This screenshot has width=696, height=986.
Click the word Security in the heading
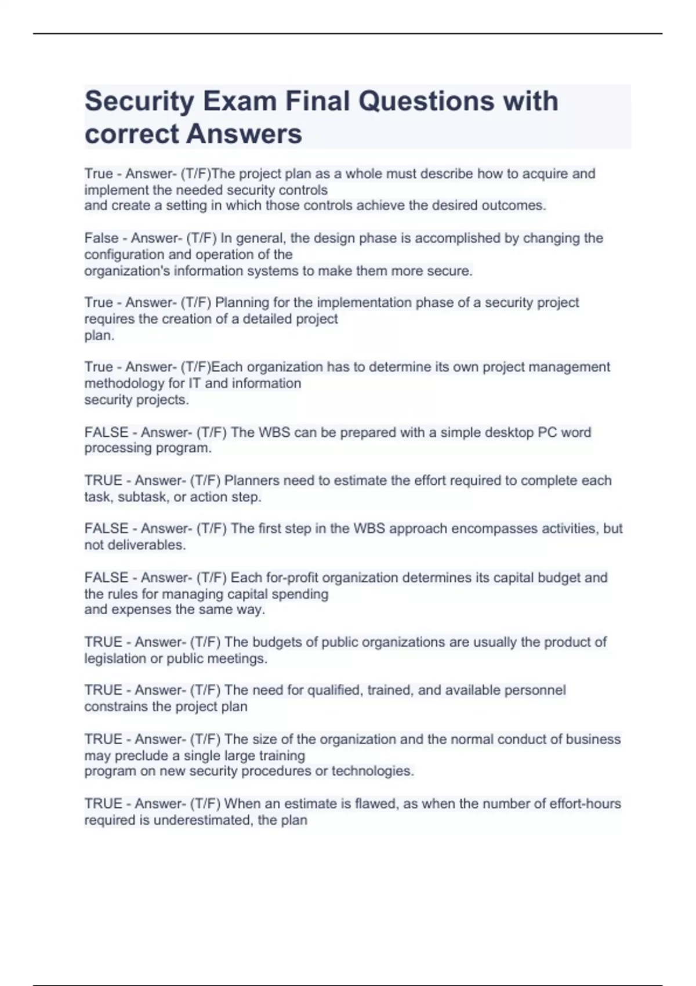(x=139, y=101)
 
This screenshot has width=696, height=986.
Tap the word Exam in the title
(x=239, y=101)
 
